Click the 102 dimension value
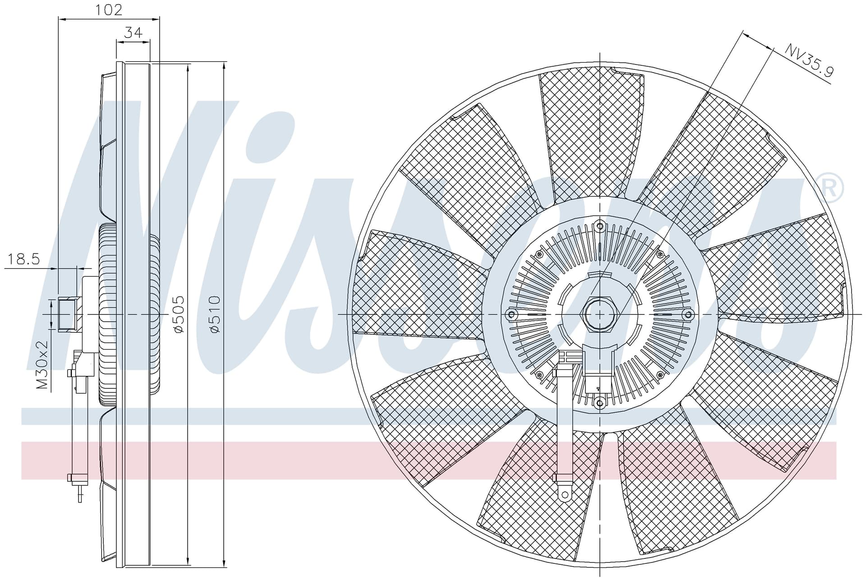[x=109, y=9]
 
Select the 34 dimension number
[x=133, y=32]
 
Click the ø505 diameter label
[x=179, y=314]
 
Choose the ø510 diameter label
[x=214, y=314]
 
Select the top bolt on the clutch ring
[x=599, y=226]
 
